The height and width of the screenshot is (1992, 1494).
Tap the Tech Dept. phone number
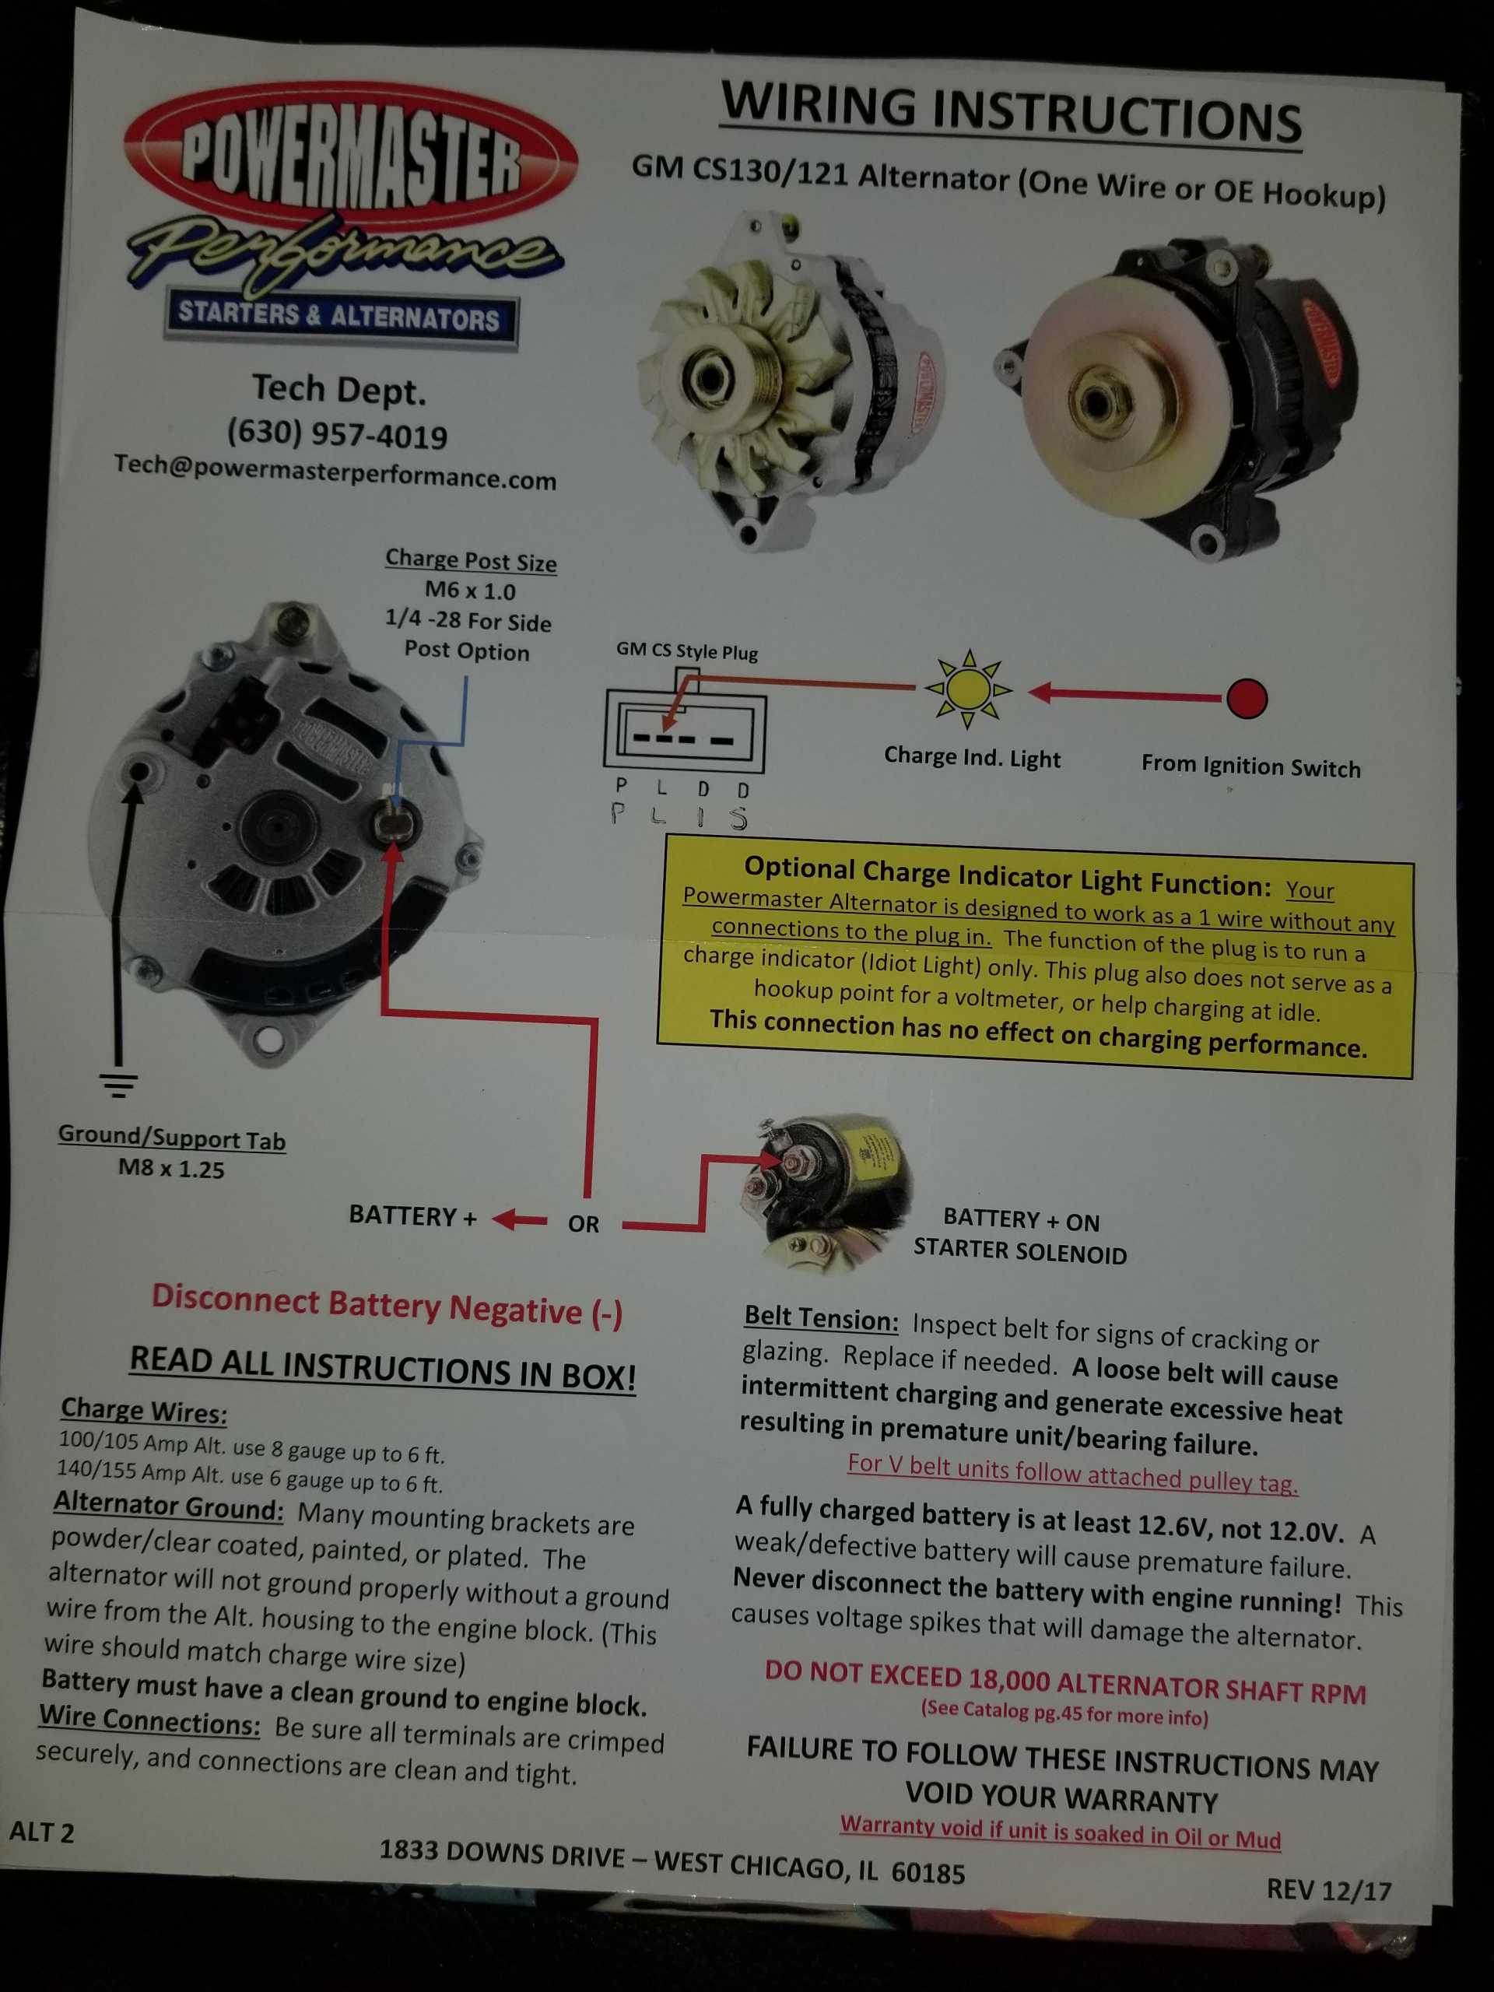pyautogui.click(x=337, y=434)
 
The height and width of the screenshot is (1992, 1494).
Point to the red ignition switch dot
pyautogui.click(x=1247, y=698)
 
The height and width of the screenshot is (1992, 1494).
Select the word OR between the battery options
pyautogui.click(x=584, y=1224)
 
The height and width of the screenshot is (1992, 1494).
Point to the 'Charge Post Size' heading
pyautogui.click(x=471, y=560)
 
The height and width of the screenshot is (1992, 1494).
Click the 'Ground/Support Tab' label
pyautogui.click(x=171, y=1137)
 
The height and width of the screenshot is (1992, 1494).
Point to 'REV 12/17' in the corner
pyautogui.click(x=1328, y=1889)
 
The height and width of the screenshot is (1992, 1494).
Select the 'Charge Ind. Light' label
pyautogui.click(x=972, y=757)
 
